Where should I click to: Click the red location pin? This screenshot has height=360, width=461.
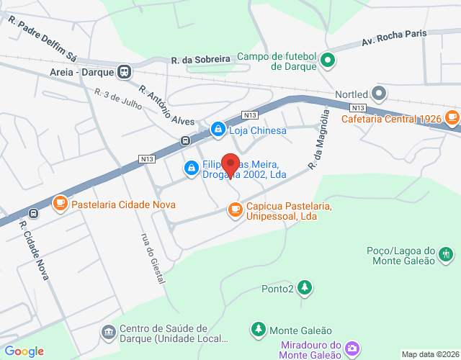point(230,165)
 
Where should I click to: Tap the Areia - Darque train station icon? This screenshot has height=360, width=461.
point(125,72)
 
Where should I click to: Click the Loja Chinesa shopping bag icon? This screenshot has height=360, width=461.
point(217,130)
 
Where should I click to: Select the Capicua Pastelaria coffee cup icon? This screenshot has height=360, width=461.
point(235,210)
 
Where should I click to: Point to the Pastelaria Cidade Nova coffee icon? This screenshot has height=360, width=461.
point(61,204)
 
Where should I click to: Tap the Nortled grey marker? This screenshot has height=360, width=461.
point(380,94)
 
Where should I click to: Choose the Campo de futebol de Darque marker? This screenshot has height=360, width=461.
point(328,60)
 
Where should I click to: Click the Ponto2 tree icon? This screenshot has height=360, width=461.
point(305,289)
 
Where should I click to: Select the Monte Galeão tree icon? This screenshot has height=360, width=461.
point(258,330)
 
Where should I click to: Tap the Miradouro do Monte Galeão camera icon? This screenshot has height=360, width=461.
point(352,348)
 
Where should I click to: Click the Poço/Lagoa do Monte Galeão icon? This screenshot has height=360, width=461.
point(446,253)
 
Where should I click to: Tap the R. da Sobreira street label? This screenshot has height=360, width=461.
point(200,60)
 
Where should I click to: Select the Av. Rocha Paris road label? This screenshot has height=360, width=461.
point(394,36)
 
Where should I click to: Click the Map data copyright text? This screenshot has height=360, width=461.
point(430,354)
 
